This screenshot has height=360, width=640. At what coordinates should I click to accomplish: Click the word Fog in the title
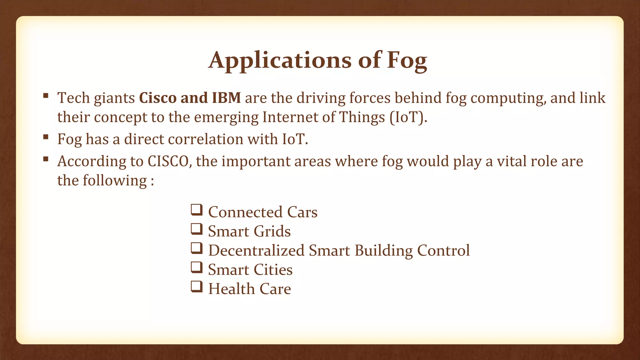pyautogui.click(x=407, y=60)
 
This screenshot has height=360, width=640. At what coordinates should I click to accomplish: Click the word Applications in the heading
pyautogui.click(x=280, y=60)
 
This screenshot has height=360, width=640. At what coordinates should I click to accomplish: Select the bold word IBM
pyautogui.click(x=226, y=98)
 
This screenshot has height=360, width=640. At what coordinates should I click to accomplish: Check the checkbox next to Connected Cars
pyautogui.click(x=197, y=210)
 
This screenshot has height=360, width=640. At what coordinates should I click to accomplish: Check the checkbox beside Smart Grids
pyautogui.click(x=197, y=229)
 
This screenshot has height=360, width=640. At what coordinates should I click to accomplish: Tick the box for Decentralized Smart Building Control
pyautogui.click(x=197, y=248)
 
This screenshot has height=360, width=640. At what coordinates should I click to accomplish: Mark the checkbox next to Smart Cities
pyautogui.click(x=197, y=267)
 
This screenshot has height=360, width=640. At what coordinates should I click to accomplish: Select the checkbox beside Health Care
pyautogui.click(x=197, y=287)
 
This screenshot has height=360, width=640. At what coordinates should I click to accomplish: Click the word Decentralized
pyautogui.click(x=256, y=251)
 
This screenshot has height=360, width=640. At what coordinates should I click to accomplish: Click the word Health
pyautogui.click(x=232, y=289)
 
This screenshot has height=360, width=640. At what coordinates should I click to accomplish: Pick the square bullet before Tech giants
pyautogui.click(x=46, y=96)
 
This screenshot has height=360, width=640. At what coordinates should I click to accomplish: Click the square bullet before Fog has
pyautogui.click(x=46, y=137)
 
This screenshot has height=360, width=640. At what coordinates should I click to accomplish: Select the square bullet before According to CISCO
pyautogui.click(x=46, y=159)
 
